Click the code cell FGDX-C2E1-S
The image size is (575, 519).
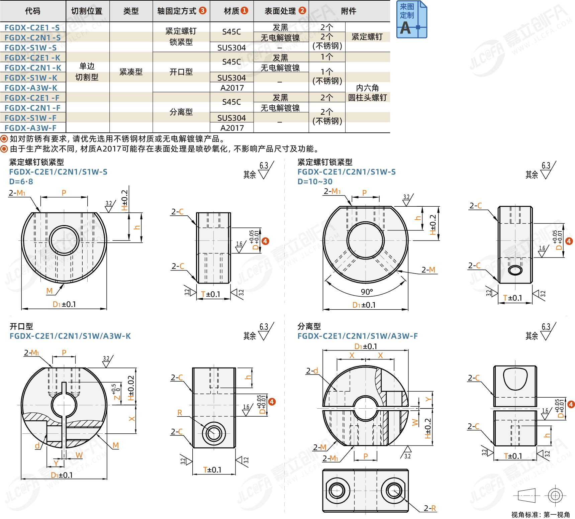[32, 28]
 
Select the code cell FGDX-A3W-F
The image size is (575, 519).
[30, 128]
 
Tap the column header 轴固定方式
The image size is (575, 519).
[177, 11]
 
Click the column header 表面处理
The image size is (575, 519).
[280, 11]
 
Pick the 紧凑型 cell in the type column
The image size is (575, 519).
[131, 72]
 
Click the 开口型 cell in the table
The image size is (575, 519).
[181, 72]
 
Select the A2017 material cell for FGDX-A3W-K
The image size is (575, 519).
[232, 88]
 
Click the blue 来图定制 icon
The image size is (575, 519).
[412, 19]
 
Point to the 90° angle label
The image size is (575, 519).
[367, 292]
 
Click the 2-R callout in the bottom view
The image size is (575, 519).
[430, 508]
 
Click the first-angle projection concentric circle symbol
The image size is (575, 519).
[555, 495]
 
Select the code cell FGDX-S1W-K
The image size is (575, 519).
[31, 78]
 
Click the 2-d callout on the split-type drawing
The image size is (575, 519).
[312, 371]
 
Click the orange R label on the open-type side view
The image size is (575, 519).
[180, 413]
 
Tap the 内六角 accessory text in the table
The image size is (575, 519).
[367, 88]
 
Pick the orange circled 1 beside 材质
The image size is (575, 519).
[245, 10]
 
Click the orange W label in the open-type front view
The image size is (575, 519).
[79, 455]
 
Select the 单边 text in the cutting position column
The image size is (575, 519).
[87, 66]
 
